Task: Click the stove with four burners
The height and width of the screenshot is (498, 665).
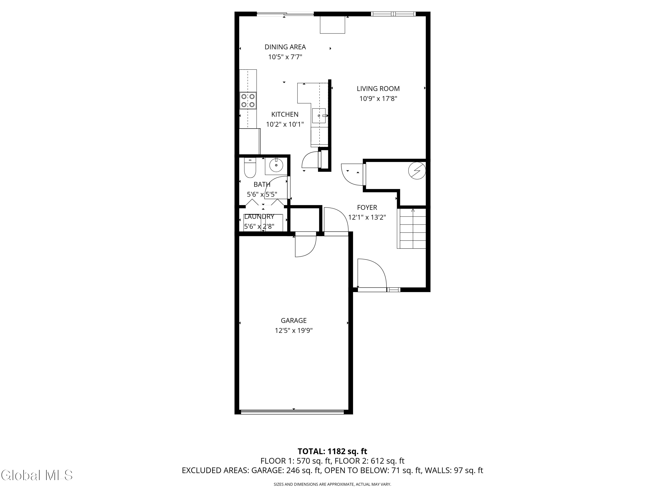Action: (x=248, y=100)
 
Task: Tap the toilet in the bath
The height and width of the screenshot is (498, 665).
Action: (x=250, y=169)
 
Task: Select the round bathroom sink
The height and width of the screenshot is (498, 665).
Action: (x=276, y=165)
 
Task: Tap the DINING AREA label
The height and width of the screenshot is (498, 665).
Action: (x=285, y=47)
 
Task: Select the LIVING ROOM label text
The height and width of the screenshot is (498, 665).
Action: (x=378, y=89)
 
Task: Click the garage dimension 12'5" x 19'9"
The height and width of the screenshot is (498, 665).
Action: (x=293, y=330)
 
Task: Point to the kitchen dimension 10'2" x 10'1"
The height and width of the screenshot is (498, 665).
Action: (x=285, y=124)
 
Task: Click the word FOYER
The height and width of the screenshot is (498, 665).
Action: (x=367, y=207)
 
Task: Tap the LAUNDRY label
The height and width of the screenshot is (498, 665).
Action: (x=259, y=216)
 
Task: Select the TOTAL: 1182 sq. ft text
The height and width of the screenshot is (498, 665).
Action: (x=332, y=451)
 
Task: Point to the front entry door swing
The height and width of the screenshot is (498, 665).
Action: (x=371, y=274)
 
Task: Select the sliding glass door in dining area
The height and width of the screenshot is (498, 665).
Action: (x=285, y=14)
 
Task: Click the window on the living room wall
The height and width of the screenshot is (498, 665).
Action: (x=393, y=14)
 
